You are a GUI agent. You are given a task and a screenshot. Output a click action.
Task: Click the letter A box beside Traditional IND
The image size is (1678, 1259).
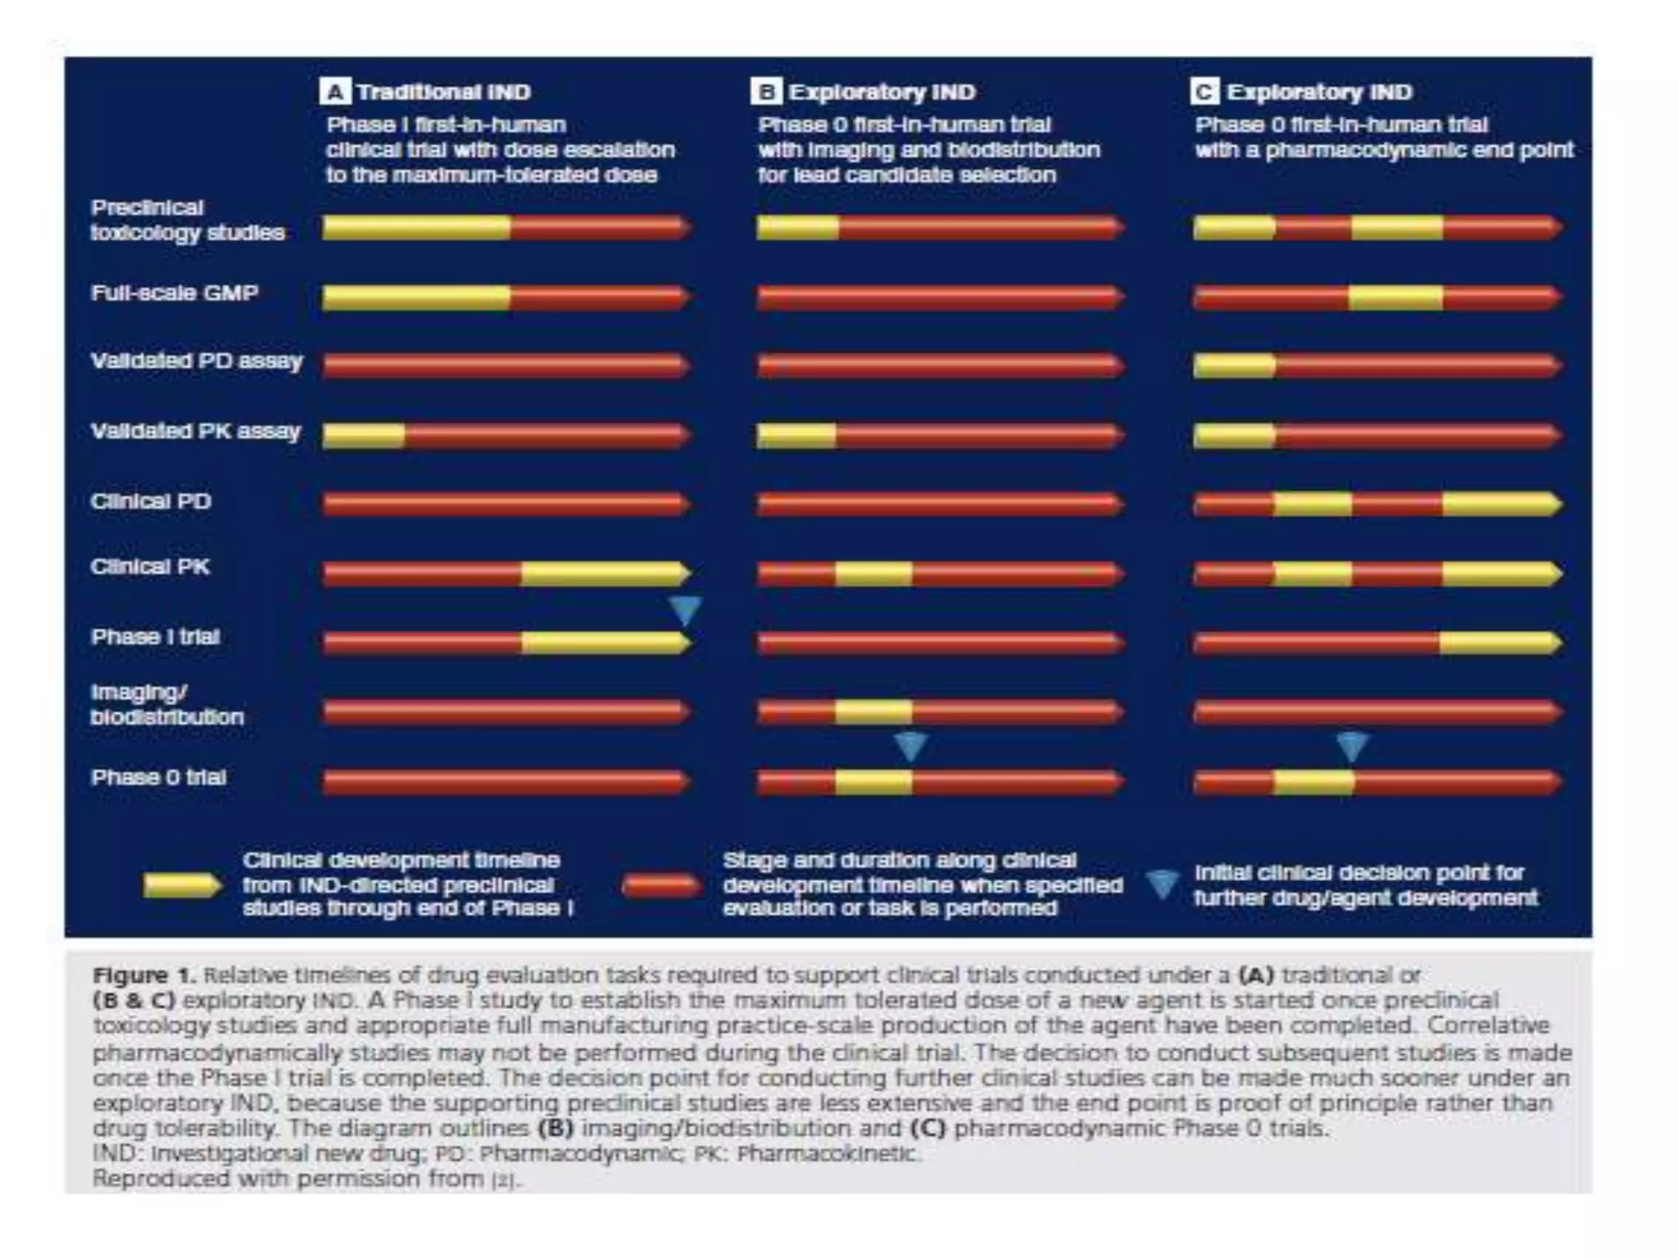334,92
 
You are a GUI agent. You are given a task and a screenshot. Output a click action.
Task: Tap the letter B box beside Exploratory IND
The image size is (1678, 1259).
765,92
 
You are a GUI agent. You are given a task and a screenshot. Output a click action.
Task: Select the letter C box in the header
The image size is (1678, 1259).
1204,92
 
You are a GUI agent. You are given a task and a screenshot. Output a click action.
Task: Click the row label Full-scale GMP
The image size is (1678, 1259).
175,293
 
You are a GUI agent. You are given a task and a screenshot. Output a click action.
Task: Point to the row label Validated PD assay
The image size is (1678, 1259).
197,361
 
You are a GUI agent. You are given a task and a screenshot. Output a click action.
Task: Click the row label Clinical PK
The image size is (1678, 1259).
150,567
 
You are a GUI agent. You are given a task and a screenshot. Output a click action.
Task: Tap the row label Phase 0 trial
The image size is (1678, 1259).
158,778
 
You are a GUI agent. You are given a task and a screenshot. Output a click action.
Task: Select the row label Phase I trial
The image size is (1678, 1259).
156,638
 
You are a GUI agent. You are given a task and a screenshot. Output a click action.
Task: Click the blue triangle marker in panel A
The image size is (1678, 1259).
685,609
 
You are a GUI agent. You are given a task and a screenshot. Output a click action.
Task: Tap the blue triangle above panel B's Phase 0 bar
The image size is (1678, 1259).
910,745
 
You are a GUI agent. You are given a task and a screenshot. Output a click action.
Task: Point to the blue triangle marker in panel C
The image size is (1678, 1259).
1352,745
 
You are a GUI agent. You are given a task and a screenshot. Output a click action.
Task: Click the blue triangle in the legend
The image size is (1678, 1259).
1162,884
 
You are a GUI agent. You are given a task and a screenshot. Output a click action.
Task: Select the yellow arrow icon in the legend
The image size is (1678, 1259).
182,886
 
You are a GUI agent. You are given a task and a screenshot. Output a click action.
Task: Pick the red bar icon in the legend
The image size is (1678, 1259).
660,886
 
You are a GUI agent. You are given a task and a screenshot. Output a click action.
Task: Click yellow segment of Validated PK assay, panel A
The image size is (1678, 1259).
364,436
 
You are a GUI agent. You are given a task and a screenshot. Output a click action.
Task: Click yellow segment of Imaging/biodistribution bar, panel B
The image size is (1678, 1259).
873,711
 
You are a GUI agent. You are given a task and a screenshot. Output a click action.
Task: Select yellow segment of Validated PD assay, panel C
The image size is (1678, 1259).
1234,366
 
